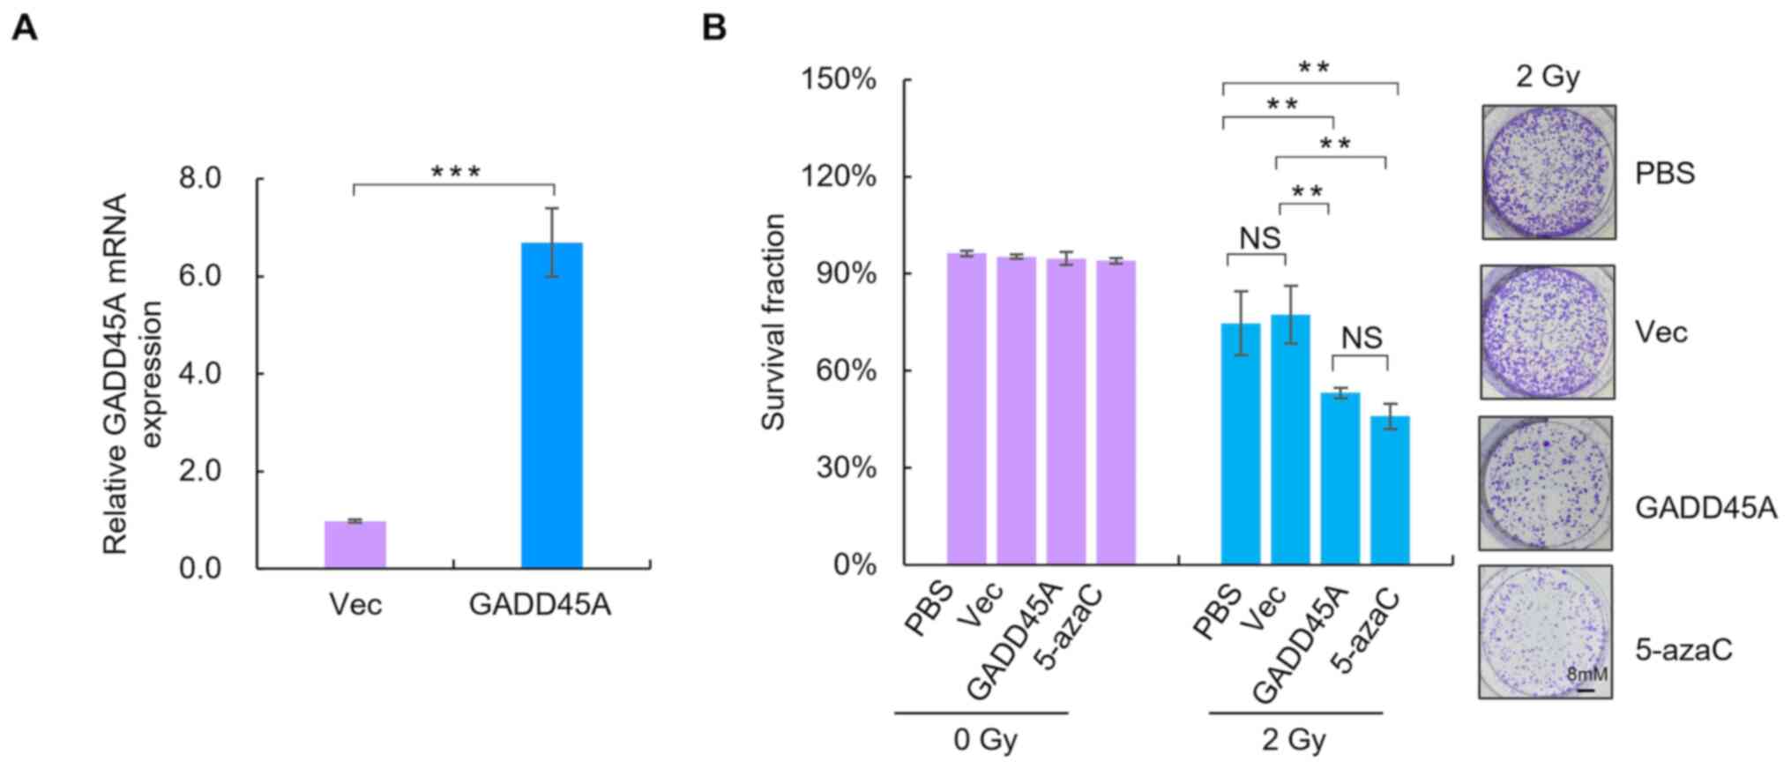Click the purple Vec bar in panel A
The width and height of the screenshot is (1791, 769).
click(354, 544)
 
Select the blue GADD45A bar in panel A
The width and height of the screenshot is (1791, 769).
click(551, 406)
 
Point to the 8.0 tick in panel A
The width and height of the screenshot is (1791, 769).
click(200, 179)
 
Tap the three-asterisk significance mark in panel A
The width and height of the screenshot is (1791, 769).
click(455, 172)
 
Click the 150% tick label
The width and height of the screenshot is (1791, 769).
click(838, 80)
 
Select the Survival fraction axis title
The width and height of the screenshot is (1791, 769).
click(773, 323)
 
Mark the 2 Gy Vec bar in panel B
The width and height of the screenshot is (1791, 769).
click(1290, 440)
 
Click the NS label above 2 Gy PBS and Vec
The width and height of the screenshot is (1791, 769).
click(1259, 238)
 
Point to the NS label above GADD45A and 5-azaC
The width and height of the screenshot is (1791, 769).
click(1362, 338)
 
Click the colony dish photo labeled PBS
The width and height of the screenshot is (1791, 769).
click(1548, 172)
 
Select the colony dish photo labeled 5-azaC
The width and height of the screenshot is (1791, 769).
click(1545, 631)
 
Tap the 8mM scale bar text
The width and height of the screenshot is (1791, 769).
click(1586, 675)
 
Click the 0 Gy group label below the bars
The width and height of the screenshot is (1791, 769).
click(985, 739)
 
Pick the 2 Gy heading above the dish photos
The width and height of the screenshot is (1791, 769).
click(1548, 77)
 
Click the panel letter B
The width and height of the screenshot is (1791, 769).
click(714, 27)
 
